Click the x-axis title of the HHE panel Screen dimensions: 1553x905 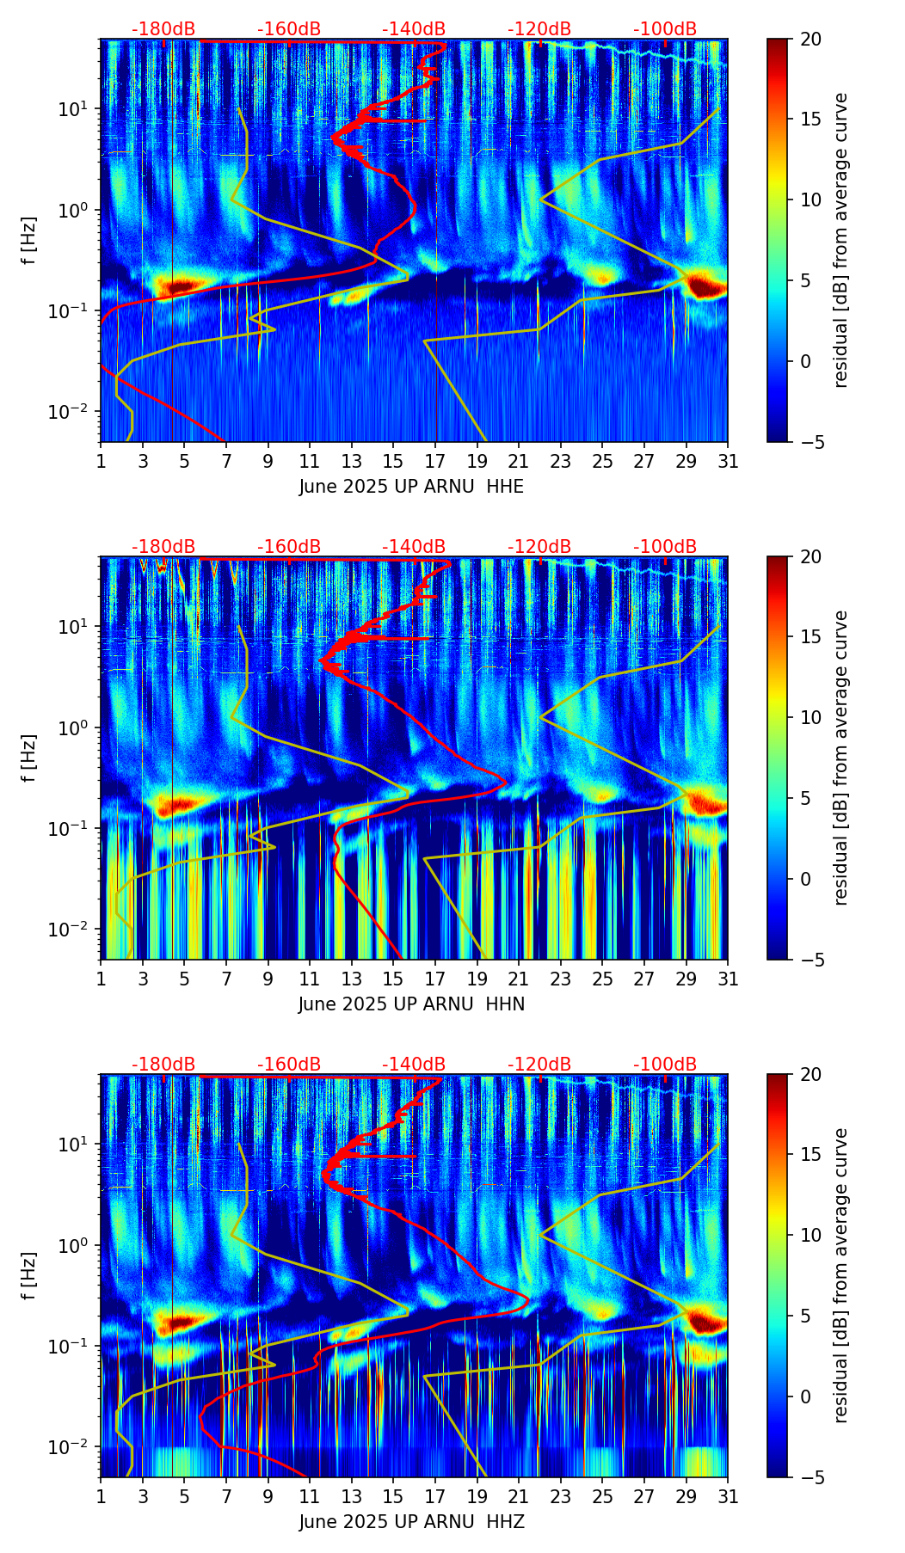[411, 487]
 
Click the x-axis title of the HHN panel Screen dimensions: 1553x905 [411, 1004]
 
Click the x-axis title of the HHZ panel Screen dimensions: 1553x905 [411, 1522]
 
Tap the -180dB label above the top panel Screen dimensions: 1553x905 [163, 29]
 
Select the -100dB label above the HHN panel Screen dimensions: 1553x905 [665, 547]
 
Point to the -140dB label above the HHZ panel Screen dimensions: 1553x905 [414, 1065]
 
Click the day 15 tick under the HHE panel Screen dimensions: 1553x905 [393, 461]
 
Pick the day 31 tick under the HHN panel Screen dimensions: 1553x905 [728, 979]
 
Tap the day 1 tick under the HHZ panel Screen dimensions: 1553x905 [101, 1496]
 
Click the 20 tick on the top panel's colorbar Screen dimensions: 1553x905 [811, 39]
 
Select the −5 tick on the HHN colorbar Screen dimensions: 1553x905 [811, 960]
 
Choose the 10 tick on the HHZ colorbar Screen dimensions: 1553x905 [811, 1235]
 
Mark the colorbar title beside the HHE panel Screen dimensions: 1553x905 [840, 240]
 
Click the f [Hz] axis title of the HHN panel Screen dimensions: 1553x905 [29, 758]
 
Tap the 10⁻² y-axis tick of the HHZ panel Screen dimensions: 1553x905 [77, 1447]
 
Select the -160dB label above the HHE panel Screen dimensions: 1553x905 [289, 29]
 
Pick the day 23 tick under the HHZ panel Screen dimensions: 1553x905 [561, 1496]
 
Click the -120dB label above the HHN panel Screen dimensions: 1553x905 [539, 547]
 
